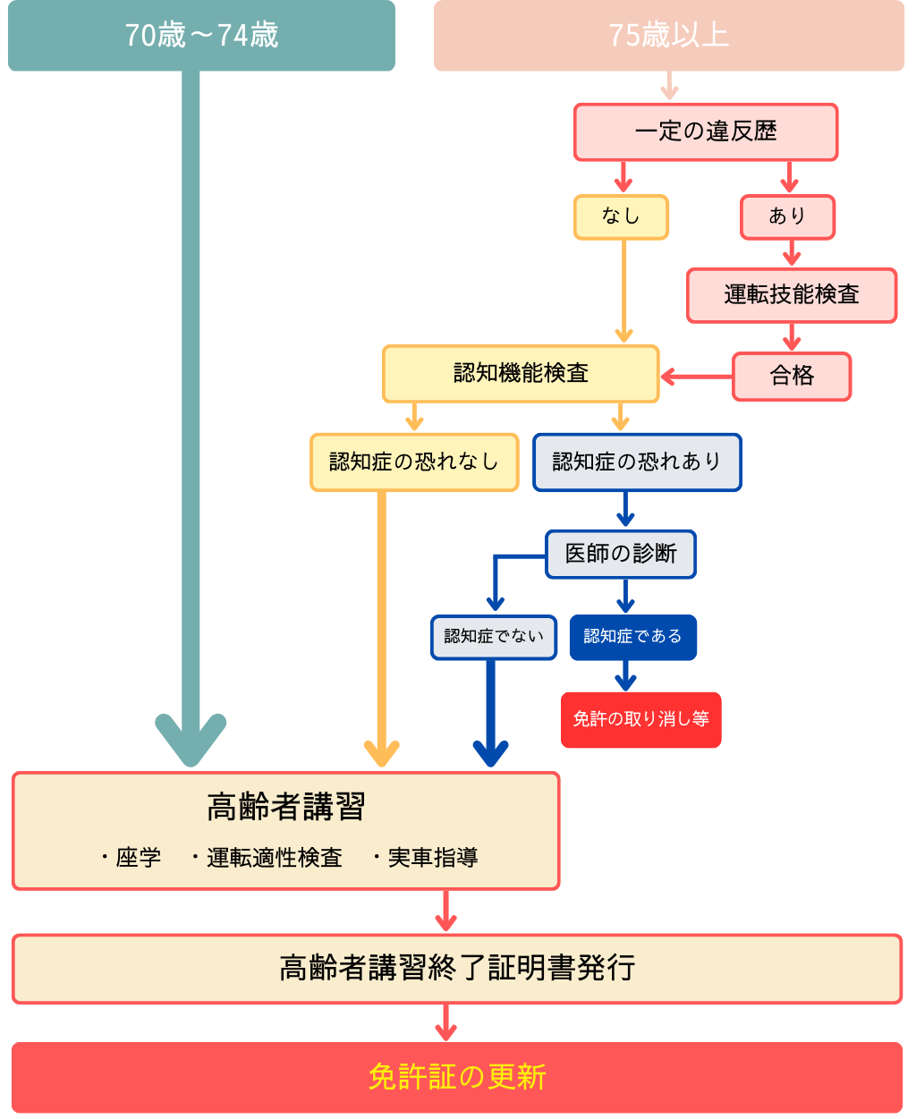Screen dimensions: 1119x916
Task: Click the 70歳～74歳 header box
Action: tap(201, 36)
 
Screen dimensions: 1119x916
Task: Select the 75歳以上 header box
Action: tap(668, 36)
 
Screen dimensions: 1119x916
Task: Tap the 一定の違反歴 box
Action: tap(705, 132)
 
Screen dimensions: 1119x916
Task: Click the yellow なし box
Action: tap(621, 217)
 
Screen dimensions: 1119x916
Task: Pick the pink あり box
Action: tap(787, 217)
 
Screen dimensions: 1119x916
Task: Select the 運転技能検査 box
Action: tap(791, 295)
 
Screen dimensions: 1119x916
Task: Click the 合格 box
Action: tap(792, 376)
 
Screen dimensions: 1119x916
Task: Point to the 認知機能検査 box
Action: tap(521, 374)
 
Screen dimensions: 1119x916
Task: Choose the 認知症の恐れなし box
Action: tap(414, 462)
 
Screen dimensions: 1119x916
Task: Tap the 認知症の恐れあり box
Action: tap(637, 462)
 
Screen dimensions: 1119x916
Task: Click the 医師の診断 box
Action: tap(621, 554)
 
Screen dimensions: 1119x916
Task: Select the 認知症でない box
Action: tap(494, 637)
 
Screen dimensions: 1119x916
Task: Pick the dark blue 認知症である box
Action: tap(632, 637)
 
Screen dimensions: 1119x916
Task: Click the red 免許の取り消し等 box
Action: tap(640, 719)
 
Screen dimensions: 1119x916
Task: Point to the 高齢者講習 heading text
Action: tap(285, 807)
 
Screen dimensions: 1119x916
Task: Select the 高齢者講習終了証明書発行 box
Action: tap(457, 969)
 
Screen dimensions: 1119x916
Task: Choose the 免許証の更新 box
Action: tap(457, 1077)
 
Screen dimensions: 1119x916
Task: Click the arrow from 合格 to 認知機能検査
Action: tap(697, 377)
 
